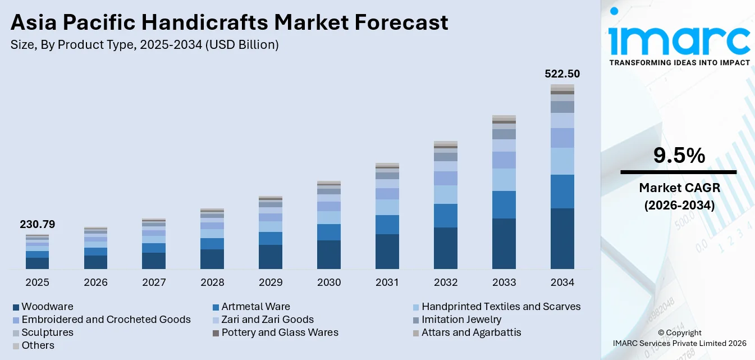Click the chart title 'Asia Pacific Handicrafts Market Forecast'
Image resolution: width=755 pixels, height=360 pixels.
pos(229,22)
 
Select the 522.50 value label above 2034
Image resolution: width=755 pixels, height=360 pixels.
pos(562,74)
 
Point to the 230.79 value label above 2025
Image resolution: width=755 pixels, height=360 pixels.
pos(37,225)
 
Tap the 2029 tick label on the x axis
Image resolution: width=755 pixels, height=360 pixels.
pos(271,282)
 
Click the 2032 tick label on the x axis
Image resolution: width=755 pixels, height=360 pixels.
pos(446,282)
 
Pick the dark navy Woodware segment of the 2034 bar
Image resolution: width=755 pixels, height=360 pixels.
pos(562,239)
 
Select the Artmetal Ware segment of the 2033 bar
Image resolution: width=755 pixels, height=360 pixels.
pos(504,204)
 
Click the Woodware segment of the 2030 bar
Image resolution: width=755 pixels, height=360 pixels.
pos(329,254)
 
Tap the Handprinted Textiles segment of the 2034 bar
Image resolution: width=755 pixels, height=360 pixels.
pos(562,161)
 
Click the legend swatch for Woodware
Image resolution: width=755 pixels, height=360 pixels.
pos(16,307)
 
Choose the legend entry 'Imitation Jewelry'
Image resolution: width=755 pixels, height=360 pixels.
pos(461,320)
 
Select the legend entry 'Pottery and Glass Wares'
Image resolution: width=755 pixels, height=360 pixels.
pos(280,332)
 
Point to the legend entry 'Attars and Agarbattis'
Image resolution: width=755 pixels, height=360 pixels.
pos(471,332)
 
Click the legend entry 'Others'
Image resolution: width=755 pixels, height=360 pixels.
pos(38,345)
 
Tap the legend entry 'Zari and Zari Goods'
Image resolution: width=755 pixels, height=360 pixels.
pos(267,320)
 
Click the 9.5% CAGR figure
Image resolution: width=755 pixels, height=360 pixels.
pos(678,156)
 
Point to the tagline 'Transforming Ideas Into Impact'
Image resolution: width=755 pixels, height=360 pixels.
pos(679,62)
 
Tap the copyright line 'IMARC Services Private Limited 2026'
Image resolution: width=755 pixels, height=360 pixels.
pos(679,343)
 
